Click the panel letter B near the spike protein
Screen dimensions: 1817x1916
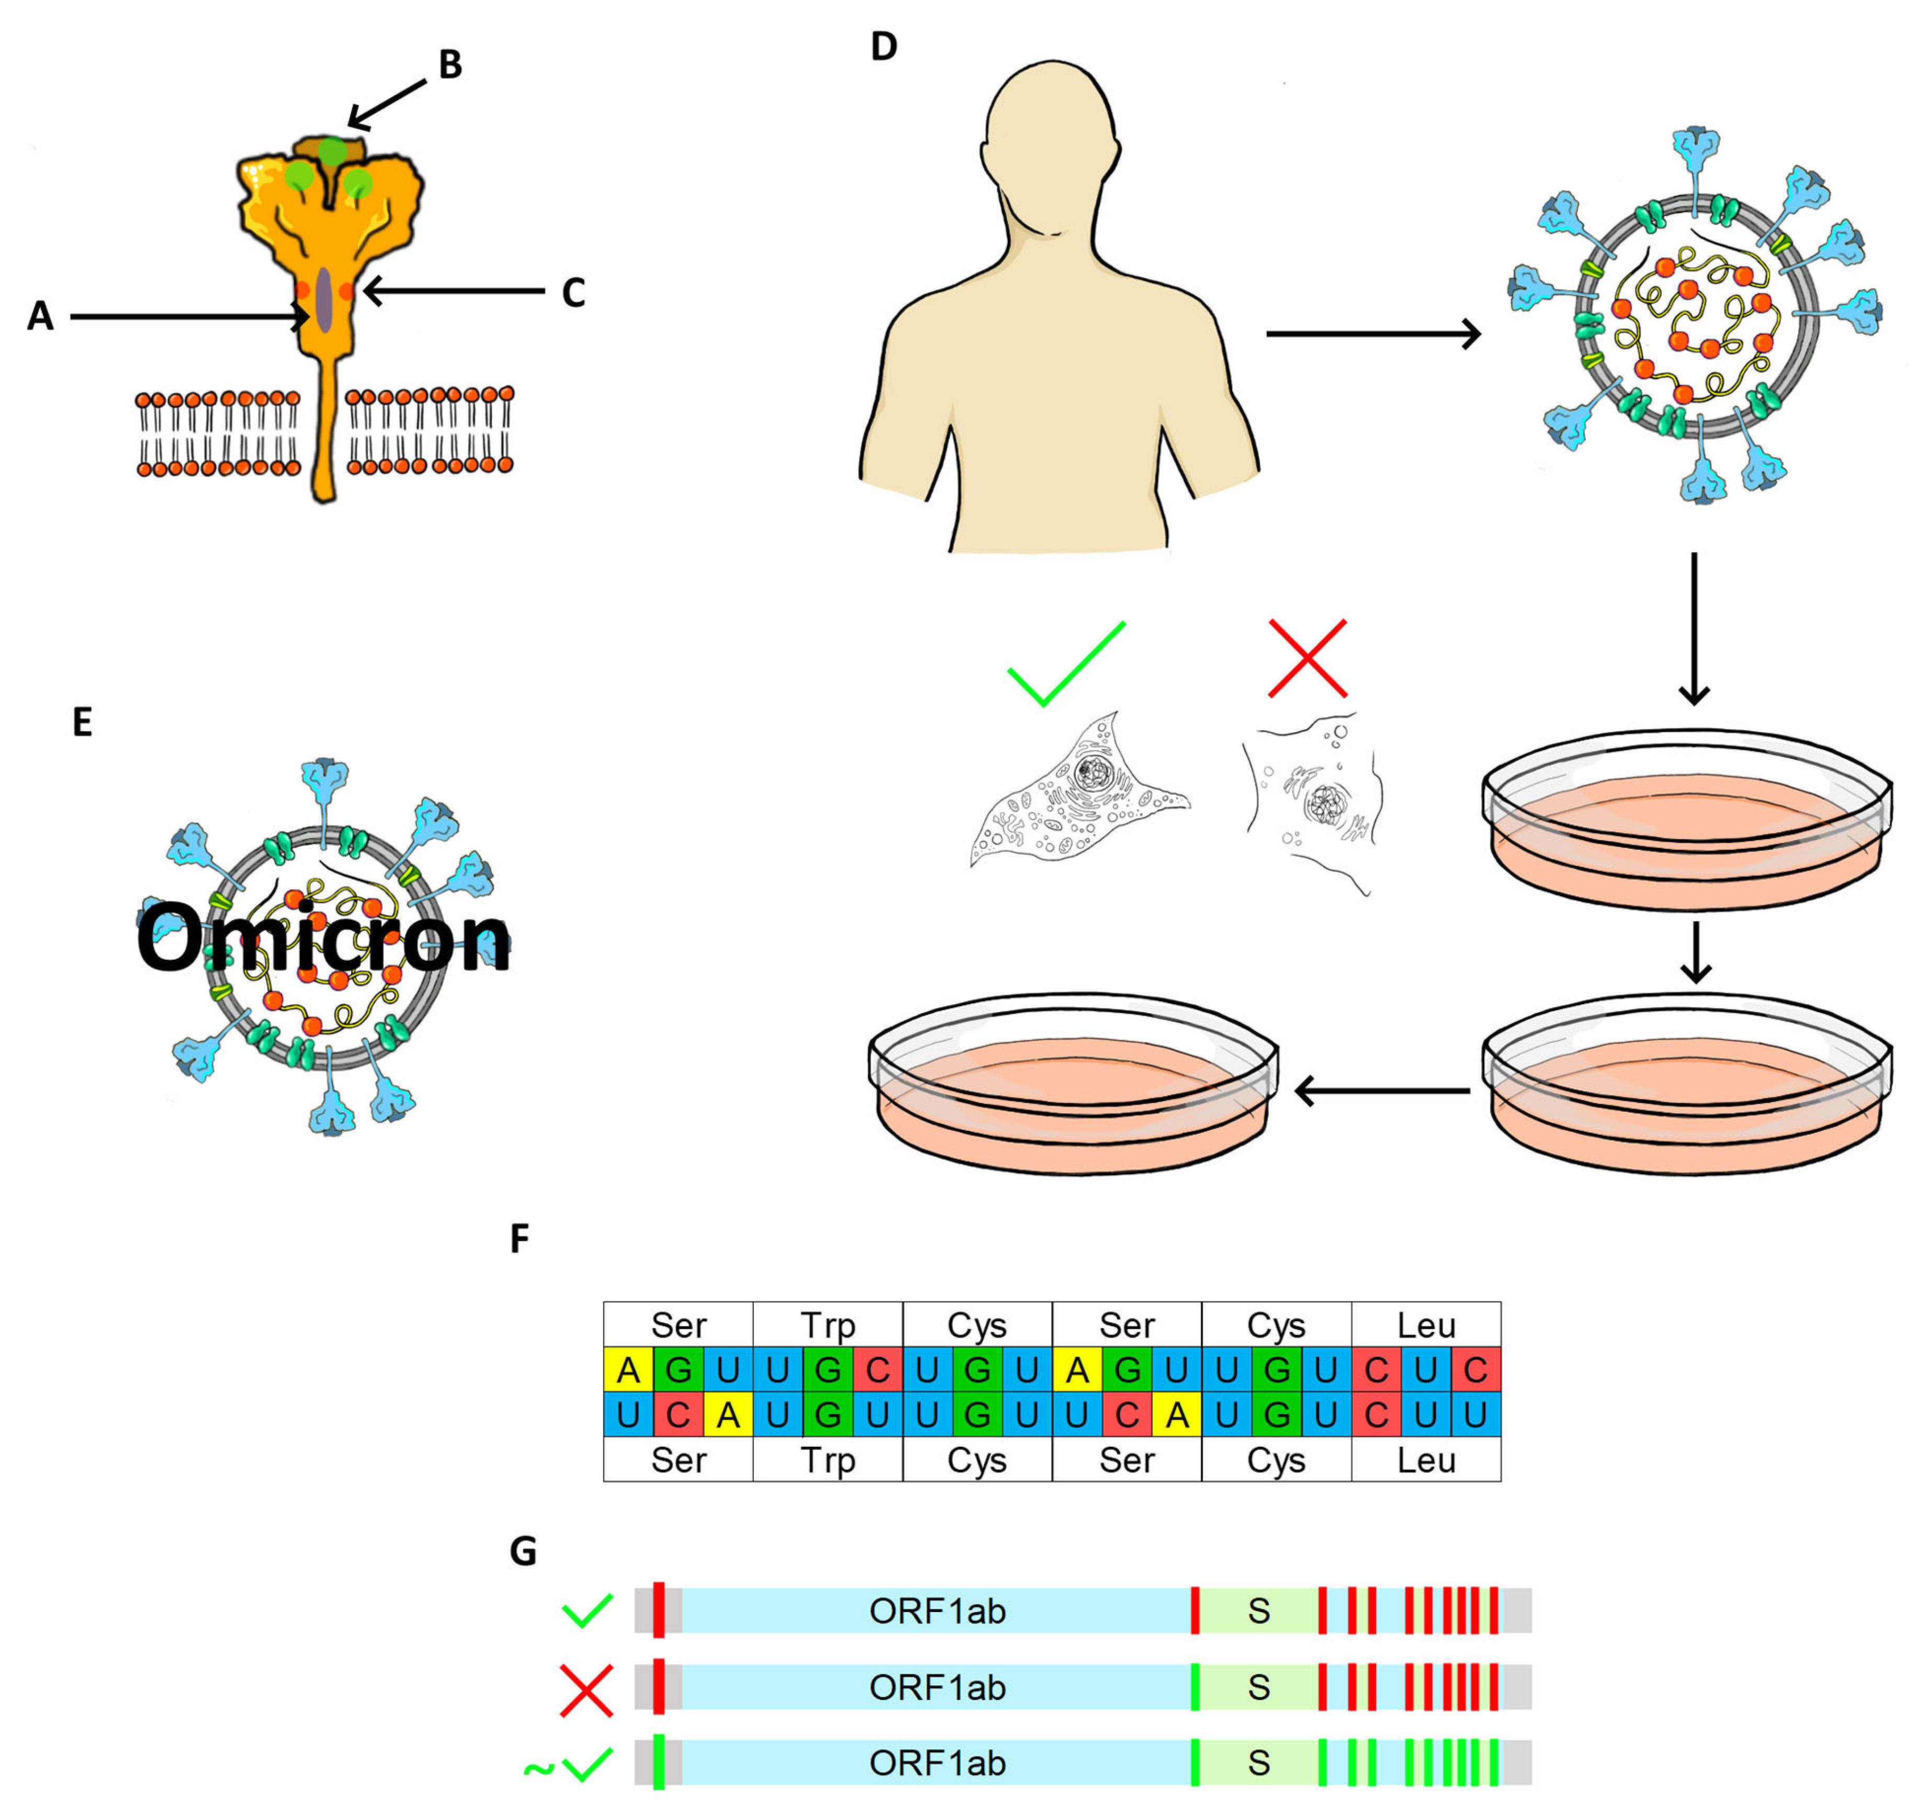coord(449,65)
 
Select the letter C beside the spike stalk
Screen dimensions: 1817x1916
coord(573,292)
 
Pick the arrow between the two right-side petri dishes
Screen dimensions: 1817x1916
coord(1694,952)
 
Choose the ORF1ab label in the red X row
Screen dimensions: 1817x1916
coord(937,1687)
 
